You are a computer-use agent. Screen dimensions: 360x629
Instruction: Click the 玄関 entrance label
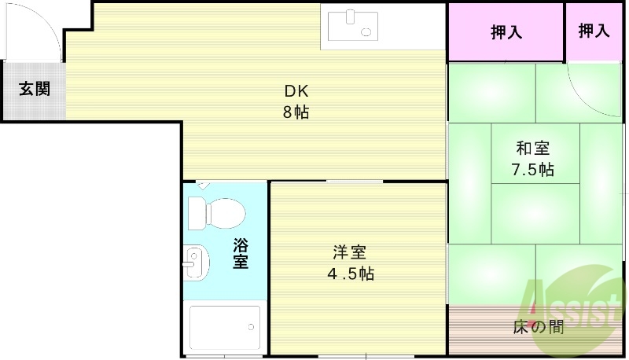[35, 88]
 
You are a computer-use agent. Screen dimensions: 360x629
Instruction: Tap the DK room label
[296, 90]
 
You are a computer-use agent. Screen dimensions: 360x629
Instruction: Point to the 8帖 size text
[296, 112]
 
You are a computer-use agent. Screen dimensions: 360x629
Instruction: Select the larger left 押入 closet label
[506, 32]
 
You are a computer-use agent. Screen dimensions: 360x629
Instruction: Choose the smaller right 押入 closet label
[594, 31]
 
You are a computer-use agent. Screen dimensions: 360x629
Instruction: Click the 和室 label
[532, 148]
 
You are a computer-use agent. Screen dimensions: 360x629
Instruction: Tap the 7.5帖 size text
[532, 169]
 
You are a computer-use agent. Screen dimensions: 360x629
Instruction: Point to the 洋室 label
[350, 252]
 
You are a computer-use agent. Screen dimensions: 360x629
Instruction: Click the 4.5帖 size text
[350, 274]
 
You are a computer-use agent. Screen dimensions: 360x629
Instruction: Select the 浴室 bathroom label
[241, 253]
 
